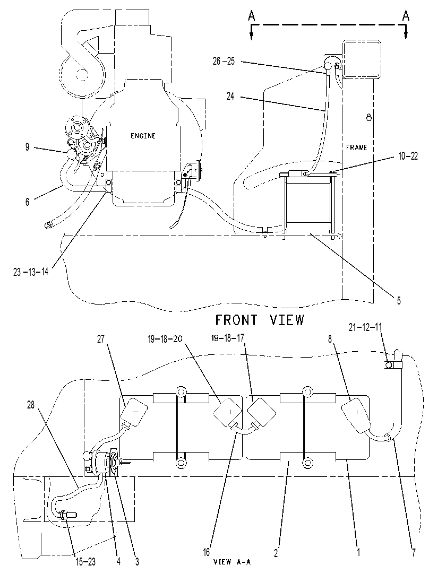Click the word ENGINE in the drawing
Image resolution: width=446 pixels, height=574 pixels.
143,136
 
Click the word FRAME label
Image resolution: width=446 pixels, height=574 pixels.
357,147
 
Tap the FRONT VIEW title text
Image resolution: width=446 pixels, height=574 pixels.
260,320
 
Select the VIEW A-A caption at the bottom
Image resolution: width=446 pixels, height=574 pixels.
232,562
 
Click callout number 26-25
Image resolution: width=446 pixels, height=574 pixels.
224,61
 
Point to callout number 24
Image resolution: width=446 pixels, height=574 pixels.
230,97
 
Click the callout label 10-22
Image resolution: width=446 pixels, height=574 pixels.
408,156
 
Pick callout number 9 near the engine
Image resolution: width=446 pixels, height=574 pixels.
27,147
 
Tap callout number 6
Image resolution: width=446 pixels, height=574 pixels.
27,202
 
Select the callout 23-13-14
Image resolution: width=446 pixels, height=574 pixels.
31,272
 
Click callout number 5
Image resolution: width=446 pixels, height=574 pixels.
399,301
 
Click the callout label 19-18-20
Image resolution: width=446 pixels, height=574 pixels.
165,340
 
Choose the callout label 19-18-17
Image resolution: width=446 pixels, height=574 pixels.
228,338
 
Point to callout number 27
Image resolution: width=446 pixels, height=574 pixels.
101,339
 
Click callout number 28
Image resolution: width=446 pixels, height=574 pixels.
31,405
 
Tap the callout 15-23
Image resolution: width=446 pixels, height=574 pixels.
86,562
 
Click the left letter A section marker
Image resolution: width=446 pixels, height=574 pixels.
251,16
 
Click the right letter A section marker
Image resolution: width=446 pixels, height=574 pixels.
406,16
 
